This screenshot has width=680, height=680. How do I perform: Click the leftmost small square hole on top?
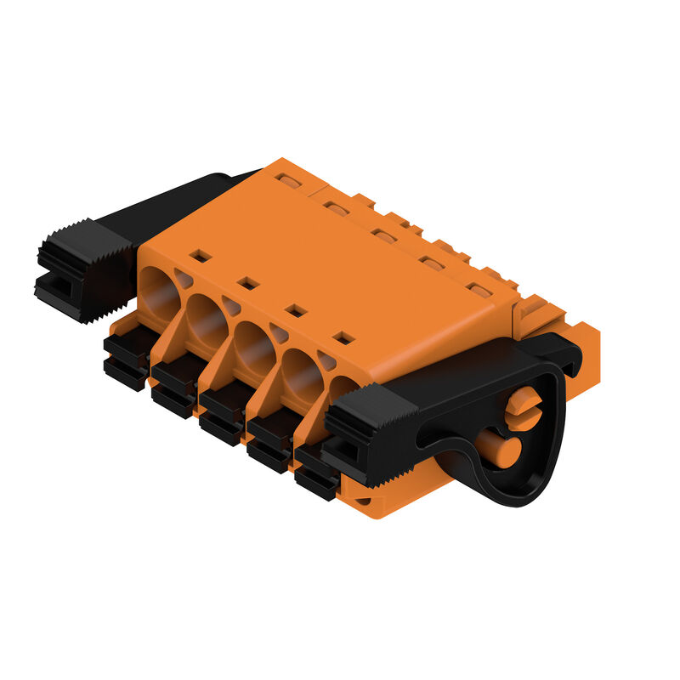point(201,255)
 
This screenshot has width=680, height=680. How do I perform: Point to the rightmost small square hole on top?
point(343,338)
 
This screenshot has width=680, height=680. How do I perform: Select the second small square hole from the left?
point(248,282)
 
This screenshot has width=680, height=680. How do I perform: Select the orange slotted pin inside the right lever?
point(523,404)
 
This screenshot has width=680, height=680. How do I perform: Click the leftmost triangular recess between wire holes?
point(184,279)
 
